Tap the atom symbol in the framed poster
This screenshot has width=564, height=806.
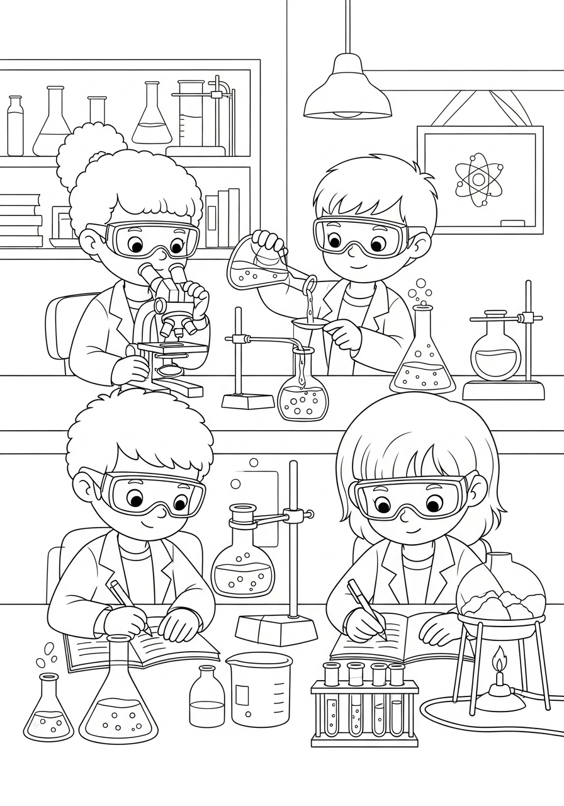pyautogui.click(x=478, y=179)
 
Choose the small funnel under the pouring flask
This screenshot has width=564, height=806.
pyautogui.click(x=310, y=326)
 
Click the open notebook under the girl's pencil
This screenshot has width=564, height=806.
pyautogui.click(x=397, y=639)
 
